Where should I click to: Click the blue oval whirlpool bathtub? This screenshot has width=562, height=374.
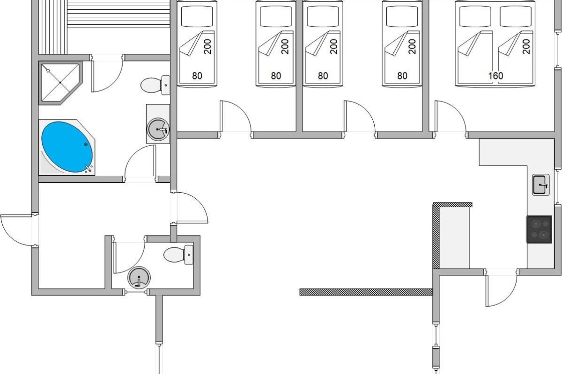67,147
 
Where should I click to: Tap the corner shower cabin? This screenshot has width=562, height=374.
60,83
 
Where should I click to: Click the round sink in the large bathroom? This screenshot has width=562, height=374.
158,129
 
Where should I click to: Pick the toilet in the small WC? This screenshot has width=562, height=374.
178,254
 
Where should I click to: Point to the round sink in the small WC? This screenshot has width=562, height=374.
139,277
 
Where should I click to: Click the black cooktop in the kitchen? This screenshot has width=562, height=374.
539,229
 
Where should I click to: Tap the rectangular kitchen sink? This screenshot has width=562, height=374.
540,185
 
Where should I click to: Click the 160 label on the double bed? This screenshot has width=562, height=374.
496,76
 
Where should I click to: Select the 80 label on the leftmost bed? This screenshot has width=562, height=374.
197,76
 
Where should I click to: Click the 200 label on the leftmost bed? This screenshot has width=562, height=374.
207,47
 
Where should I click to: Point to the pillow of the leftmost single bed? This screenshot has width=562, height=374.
197,16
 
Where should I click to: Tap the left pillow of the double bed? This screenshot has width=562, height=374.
475,16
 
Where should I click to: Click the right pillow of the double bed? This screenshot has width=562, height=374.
516,16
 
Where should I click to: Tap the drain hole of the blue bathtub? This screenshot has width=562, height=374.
86,144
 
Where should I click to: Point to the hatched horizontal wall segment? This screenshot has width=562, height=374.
366,292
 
